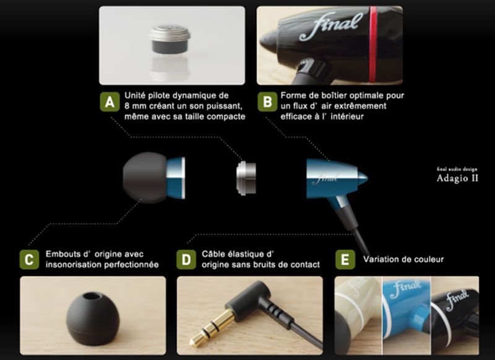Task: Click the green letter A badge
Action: pos(110,102)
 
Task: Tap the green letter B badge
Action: pos(267,102)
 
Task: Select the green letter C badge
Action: pos(29,260)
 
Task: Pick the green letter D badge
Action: pos(186,260)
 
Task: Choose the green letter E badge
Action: pos(345,260)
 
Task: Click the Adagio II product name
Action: pos(457,178)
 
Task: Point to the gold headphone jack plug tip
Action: pos(193,341)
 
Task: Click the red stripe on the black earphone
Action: pos(373,44)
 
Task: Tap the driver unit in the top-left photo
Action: pos(170,39)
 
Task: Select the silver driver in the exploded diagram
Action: pos(246,178)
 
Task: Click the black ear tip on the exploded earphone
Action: pos(145,178)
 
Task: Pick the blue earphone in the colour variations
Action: pos(407,312)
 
